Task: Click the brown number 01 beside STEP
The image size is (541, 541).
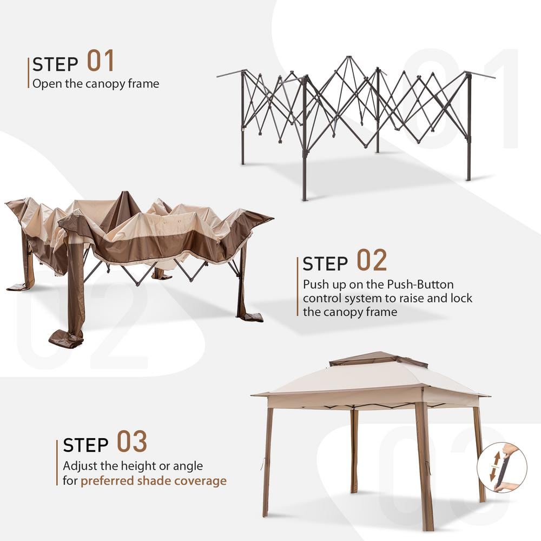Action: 101,61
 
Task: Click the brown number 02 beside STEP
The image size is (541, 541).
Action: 372,261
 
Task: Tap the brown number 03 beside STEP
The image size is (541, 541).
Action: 132,442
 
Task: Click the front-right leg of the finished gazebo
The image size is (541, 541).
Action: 424,465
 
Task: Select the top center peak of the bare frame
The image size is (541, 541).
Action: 349,58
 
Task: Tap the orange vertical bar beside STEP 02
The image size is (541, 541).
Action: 298,286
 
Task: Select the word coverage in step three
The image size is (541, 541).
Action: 201,480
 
